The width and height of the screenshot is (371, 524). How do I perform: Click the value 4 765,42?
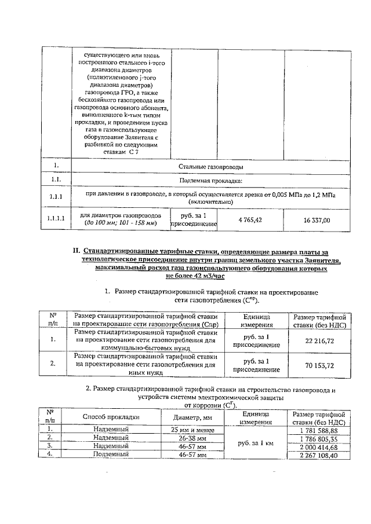coord(250,220)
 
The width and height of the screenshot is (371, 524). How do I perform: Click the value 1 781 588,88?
coord(319,430)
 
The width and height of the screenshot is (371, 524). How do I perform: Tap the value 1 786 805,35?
coord(319,438)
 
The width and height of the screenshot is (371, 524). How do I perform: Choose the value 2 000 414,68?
coord(319,446)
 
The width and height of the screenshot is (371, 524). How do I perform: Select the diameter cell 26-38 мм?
coord(190,438)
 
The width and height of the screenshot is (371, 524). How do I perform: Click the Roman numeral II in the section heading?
coord(75,251)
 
